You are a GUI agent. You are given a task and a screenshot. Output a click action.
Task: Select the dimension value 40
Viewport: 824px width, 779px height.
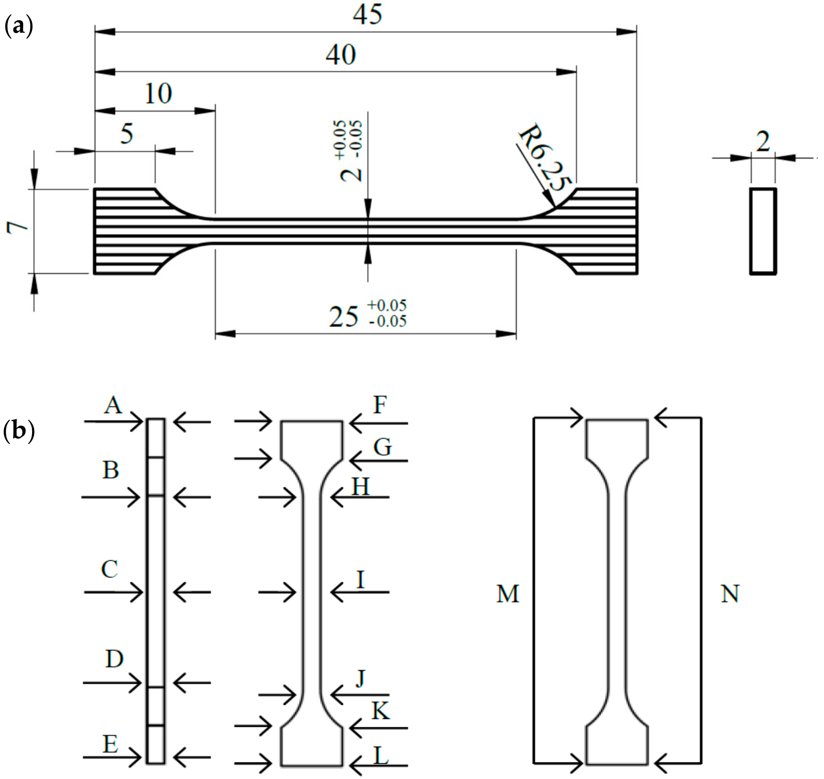[341, 55]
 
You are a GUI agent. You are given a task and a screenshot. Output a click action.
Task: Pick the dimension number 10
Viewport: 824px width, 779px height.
[158, 94]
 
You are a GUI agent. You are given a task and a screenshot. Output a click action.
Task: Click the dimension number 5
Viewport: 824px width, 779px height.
[127, 134]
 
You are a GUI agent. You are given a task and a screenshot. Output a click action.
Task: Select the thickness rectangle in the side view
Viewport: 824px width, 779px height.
[763, 231]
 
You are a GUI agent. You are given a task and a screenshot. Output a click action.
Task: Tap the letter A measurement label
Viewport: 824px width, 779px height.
[113, 405]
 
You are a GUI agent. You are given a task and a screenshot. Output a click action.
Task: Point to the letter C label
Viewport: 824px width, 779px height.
[110, 569]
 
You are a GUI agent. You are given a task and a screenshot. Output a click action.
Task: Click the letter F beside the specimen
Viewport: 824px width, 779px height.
[380, 405]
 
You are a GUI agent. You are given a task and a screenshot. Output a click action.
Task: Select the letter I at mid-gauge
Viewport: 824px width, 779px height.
[360, 580]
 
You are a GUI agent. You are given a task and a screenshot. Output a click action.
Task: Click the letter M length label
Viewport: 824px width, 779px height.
[508, 594]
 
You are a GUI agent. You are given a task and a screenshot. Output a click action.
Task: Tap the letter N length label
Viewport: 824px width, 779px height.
[730, 594]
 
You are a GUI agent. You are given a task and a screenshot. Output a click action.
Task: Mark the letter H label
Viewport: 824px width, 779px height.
[360, 486]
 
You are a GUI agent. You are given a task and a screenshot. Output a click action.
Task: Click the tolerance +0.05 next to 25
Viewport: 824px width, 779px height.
[386, 305]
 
